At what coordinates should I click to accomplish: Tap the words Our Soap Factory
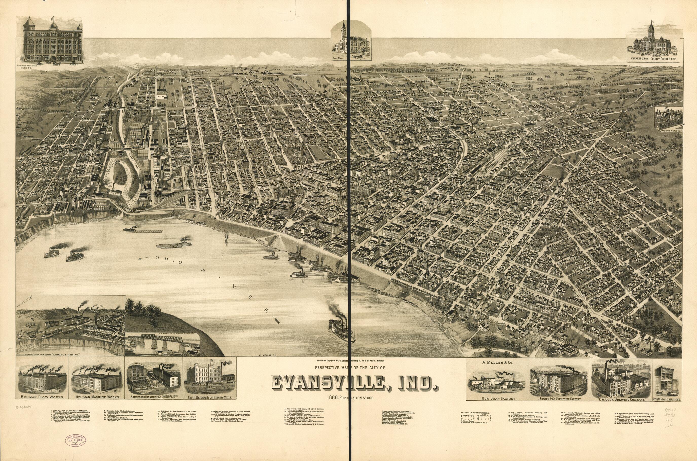496,399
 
